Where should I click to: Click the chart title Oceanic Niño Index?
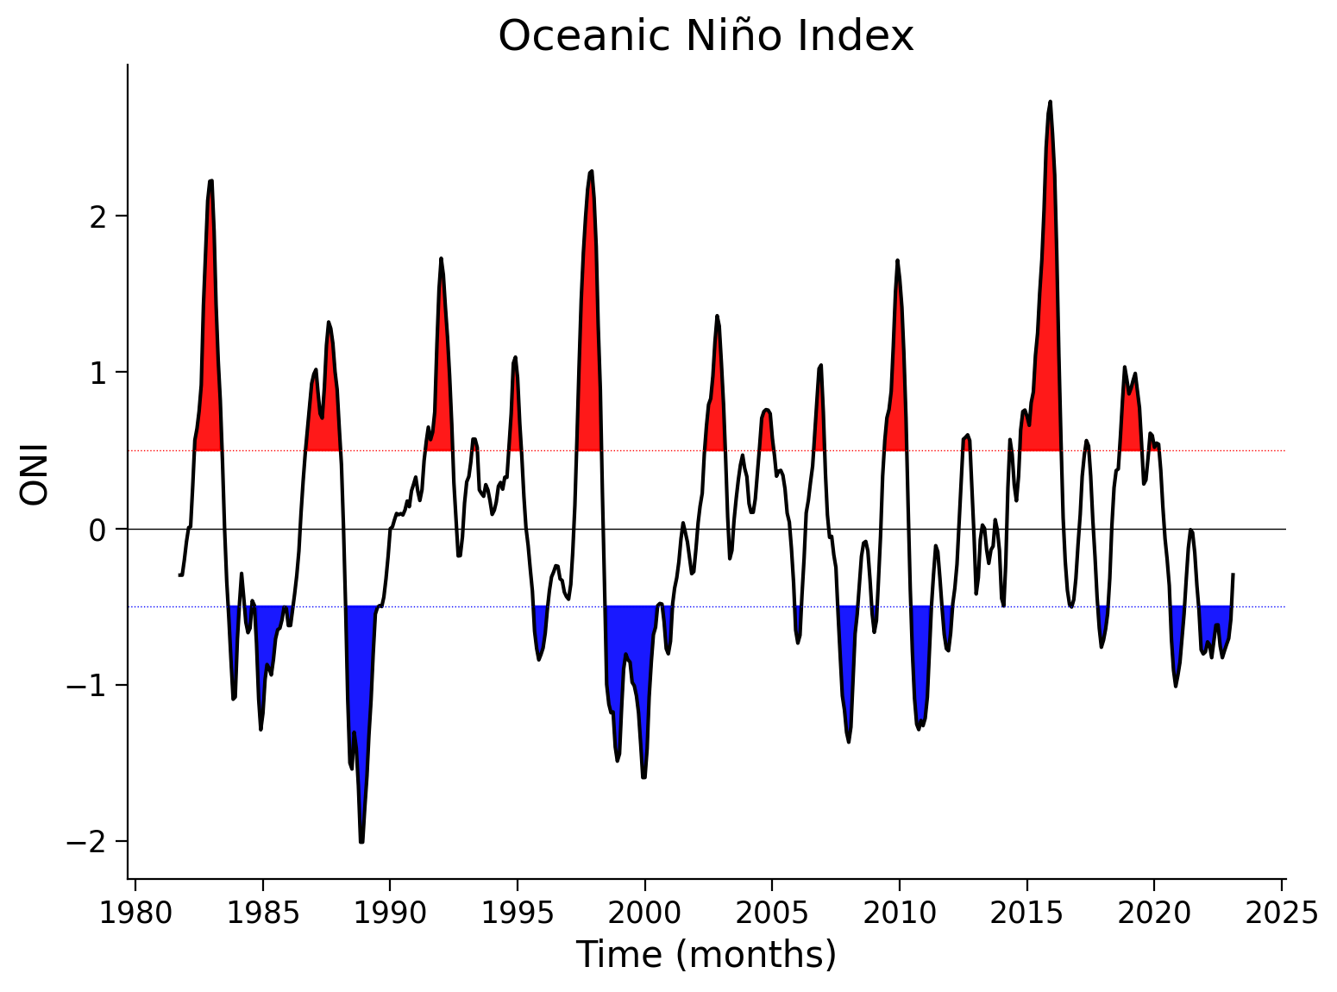[x=706, y=37]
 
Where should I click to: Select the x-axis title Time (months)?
[x=706, y=955]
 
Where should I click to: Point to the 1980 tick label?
[x=135, y=913]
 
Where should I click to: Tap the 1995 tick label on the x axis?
[x=517, y=913]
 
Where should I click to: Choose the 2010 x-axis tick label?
[x=899, y=913]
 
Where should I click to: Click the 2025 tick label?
[x=1282, y=913]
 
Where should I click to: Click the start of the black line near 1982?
[x=180, y=574]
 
